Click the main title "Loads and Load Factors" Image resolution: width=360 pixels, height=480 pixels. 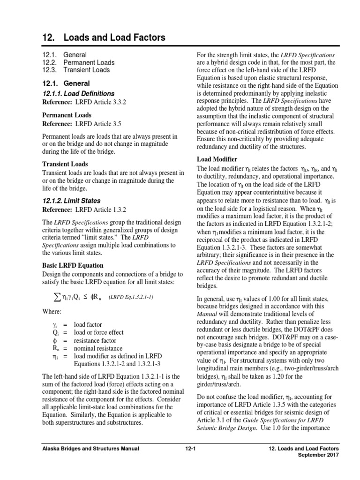(112, 37)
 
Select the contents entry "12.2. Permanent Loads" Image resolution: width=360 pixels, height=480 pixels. (78, 62)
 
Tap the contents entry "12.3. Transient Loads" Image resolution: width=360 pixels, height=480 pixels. (76, 70)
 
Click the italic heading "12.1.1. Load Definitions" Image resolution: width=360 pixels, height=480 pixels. (78, 94)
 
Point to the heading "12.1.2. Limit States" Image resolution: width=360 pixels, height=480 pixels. (71, 201)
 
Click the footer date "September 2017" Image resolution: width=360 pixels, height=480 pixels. (321, 456)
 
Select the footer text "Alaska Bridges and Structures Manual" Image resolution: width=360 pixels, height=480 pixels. (89, 449)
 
